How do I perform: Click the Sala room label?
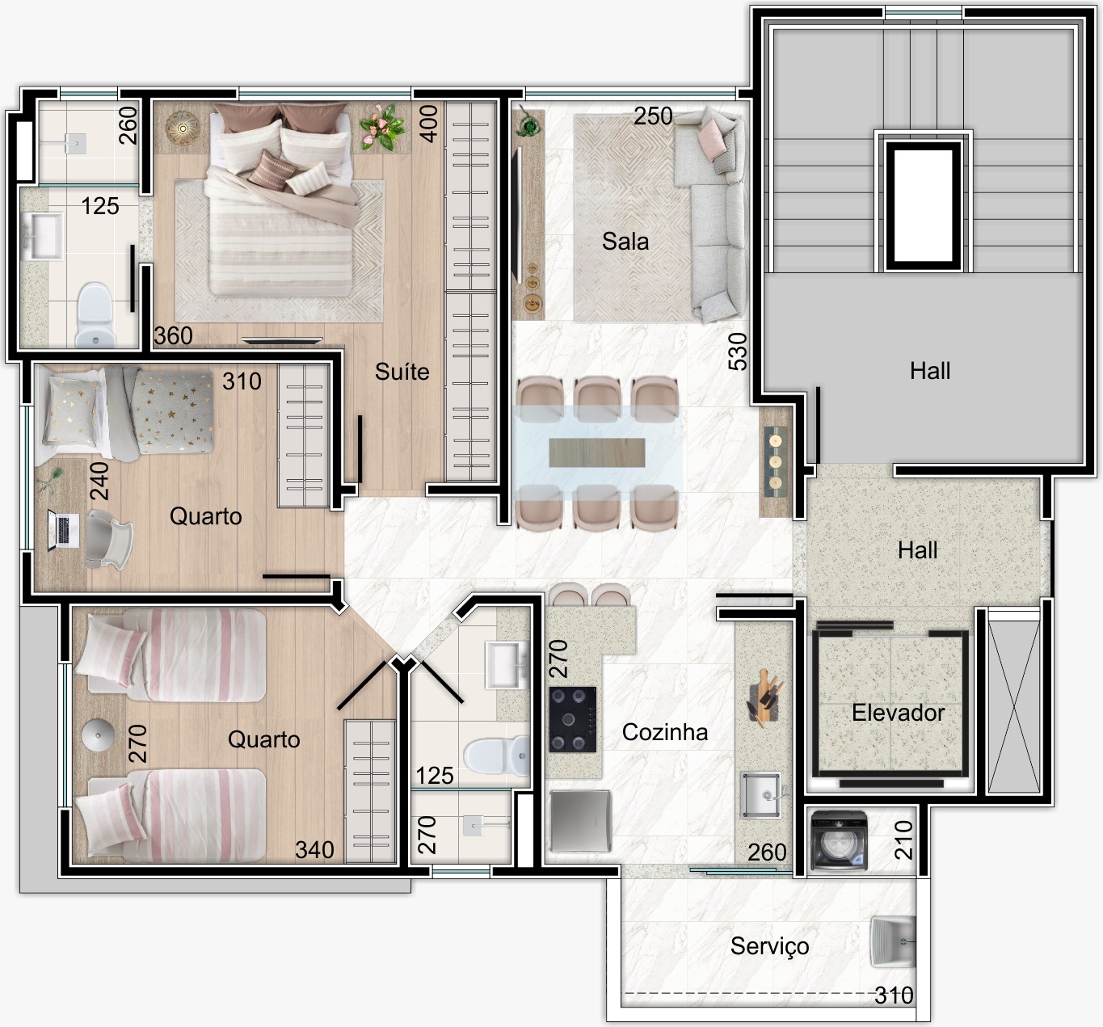[625, 242]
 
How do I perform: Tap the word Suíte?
[402, 372]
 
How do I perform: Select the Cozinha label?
[665, 732]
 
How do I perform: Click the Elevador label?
[898, 713]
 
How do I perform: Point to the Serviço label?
[769, 946]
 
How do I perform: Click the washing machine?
[840, 840]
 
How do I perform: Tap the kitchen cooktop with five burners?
[573, 719]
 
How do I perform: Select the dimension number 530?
[738, 351]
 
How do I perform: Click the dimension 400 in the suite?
[429, 124]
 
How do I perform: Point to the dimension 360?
[173, 336]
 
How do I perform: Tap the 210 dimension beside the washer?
[903, 840]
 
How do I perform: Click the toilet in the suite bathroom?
[95, 315]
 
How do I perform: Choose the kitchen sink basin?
[761, 795]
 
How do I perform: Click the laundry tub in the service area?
[893, 942]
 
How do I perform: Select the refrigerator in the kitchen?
[580, 822]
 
